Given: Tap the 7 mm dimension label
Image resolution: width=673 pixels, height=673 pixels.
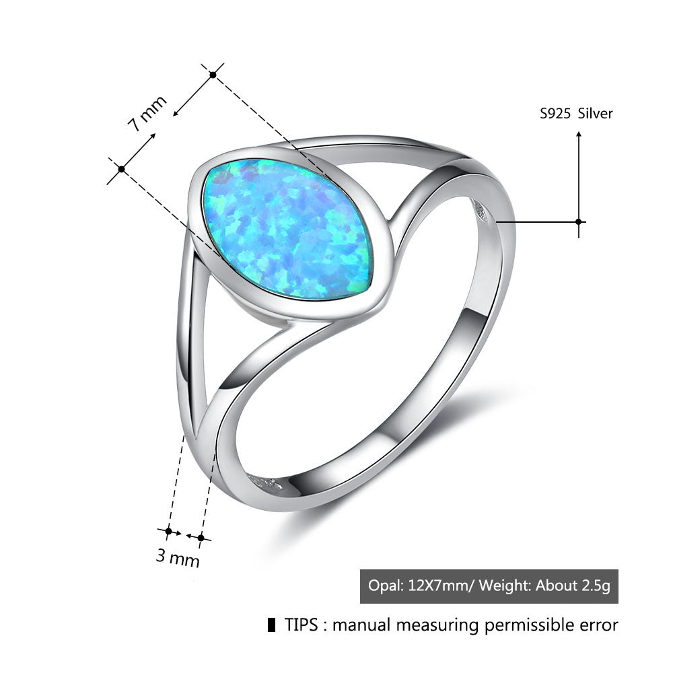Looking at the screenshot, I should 147,113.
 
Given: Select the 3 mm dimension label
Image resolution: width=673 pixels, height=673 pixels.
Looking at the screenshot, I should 178,557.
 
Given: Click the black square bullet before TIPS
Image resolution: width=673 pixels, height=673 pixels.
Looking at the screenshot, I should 271,625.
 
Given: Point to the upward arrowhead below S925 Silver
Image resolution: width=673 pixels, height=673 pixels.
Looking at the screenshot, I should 578,135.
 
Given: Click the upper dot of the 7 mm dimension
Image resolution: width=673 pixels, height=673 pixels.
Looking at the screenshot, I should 213,75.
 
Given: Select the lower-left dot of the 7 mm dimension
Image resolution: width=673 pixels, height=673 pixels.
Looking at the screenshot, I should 121,168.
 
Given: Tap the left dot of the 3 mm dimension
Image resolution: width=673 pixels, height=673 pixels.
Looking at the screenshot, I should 169,532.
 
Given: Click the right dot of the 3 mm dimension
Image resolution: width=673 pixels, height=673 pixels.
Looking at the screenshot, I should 200,537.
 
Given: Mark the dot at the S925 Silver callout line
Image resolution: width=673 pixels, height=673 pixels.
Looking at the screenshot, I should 578,221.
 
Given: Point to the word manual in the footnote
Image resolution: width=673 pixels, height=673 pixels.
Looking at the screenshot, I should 361,625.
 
